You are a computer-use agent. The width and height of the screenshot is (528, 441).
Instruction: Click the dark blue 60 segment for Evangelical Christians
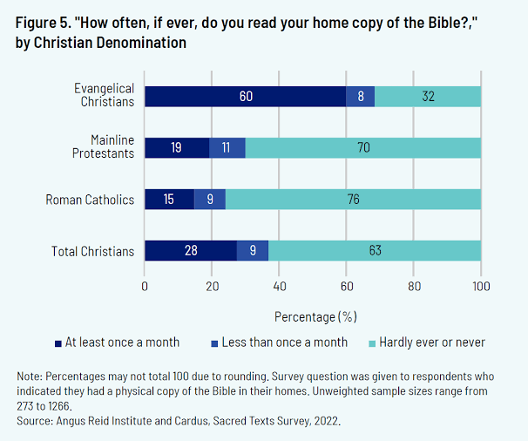pos(246,96)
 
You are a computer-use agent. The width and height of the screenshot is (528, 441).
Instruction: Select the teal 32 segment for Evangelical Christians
pos(428,96)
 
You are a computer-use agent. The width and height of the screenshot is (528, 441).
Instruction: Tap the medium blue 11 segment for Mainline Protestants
pos(227,147)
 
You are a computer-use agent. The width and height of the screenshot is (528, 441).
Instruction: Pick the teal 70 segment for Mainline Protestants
pos(363,147)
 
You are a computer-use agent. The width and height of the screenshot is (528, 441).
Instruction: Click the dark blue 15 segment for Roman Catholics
pos(169,200)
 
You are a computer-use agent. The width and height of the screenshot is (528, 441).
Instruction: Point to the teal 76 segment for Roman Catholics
pos(353,200)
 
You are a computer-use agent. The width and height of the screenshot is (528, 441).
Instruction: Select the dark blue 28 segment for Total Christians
pos(190,251)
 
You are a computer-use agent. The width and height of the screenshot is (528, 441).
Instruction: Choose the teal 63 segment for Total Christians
pos(375,251)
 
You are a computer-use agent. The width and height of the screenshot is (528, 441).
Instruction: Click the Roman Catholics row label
pos(91,200)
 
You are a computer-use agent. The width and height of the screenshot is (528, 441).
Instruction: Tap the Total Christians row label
pos(93,252)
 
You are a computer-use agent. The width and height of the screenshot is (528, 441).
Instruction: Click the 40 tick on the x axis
pos(279,285)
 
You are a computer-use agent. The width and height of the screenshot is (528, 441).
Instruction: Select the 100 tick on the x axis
pos(481,285)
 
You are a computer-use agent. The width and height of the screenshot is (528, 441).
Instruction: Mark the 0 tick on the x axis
pos(145,285)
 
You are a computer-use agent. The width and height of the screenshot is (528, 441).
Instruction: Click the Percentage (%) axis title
pos(315,315)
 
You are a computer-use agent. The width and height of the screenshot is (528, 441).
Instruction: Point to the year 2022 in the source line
pos(327,420)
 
